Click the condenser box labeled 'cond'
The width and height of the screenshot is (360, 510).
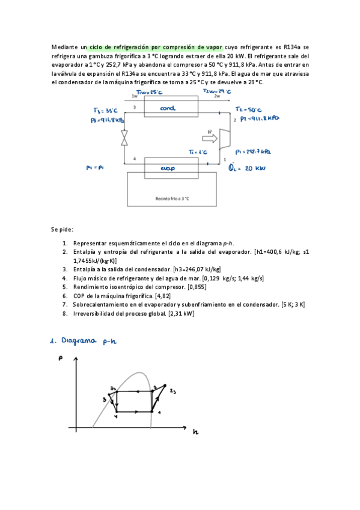coord(168,108)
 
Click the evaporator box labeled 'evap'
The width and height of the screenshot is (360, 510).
coord(168,169)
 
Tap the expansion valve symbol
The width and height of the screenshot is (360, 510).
coord(124,139)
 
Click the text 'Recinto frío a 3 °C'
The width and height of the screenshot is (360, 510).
coord(172,198)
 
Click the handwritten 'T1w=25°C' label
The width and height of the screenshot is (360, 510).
coord(148,91)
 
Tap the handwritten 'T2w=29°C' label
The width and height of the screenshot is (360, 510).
coord(218,91)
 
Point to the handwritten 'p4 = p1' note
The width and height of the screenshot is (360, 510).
coord(96,168)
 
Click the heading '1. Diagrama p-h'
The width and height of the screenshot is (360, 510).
coord(86,341)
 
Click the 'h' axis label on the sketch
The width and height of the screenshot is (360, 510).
coord(195,432)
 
